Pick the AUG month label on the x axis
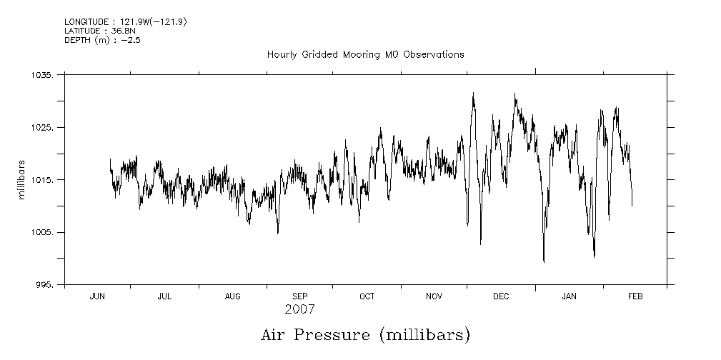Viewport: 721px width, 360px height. pos(232,296)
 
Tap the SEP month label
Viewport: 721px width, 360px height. pos(300,296)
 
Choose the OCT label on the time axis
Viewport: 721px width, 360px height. pos(367,296)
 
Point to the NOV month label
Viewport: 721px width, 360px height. pos(434,296)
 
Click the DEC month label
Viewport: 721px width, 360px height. pos(501,296)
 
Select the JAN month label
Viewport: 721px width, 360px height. pos(569,296)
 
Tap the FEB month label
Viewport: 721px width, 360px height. pos(635,296)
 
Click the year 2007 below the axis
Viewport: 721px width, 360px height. pos(299,310)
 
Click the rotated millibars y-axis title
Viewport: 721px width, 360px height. pos(22,180)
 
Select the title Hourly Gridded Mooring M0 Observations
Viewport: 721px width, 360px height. pos(365,54)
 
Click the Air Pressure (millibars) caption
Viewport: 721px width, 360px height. pos(365,334)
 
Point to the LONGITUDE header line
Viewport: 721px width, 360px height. pos(126,22)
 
